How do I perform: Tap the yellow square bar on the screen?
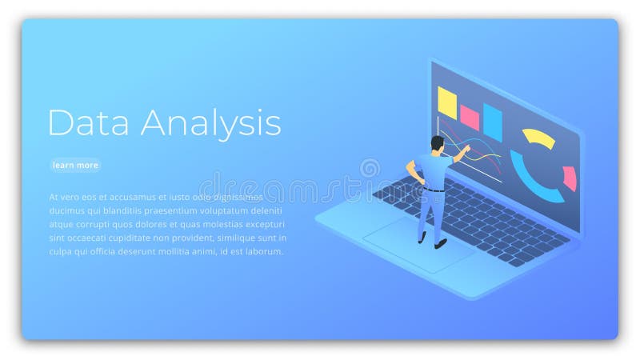446,103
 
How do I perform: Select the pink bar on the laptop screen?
470,118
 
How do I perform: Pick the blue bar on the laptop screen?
492,122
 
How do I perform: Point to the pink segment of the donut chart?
570,178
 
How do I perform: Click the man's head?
437,144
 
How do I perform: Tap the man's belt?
433,190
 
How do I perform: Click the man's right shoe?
439,243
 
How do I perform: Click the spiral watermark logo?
370,168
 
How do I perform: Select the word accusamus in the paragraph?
127,196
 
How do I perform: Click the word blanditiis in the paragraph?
131,210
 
